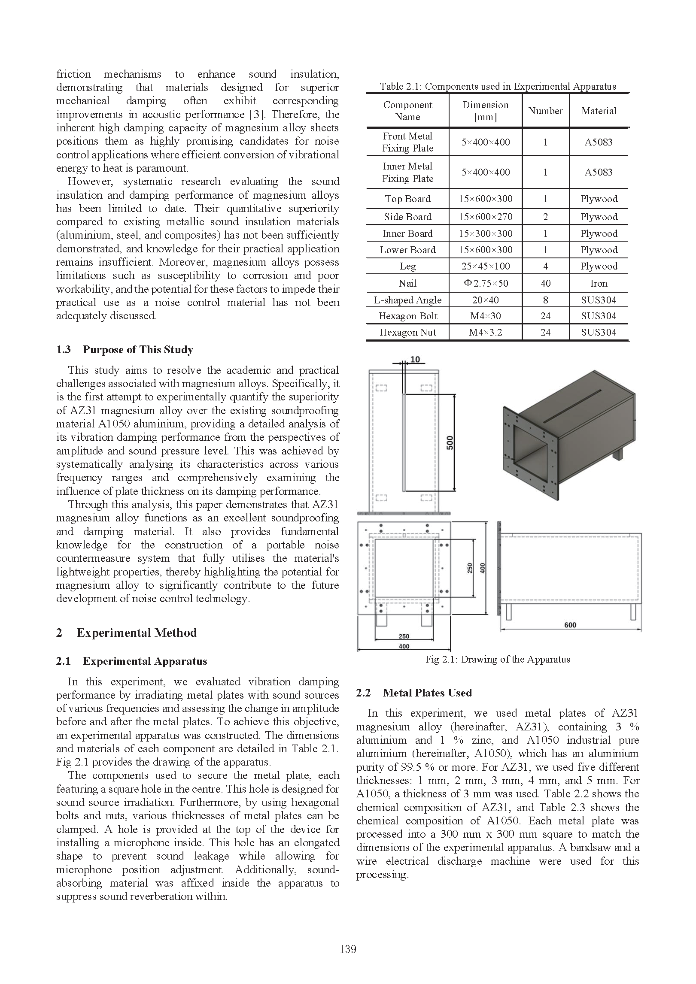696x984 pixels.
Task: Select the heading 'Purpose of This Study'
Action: coord(138,350)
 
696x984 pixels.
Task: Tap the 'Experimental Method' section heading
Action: coord(137,633)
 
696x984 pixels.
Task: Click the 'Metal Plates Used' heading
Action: coord(427,693)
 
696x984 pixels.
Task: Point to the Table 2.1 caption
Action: coord(497,86)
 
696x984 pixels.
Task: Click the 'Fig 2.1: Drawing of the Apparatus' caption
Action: coord(498,659)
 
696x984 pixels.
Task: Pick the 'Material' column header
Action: coord(599,111)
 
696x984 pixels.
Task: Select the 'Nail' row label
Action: coord(407,283)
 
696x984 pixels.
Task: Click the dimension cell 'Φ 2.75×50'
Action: coord(486,283)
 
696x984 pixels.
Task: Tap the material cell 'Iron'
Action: coord(599,283)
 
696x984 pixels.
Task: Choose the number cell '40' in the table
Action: coord(545,283)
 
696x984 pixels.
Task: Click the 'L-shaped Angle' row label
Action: coord(407,300)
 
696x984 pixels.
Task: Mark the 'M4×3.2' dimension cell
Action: coord(486,332)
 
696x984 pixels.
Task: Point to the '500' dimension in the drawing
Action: coord(450,442)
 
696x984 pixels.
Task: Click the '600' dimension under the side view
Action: coord(570,625)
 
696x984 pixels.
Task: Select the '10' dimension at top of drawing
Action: coord(415,360)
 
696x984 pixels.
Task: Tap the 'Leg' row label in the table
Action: coord(407,266)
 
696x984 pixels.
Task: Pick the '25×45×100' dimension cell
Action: coord(486,266)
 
